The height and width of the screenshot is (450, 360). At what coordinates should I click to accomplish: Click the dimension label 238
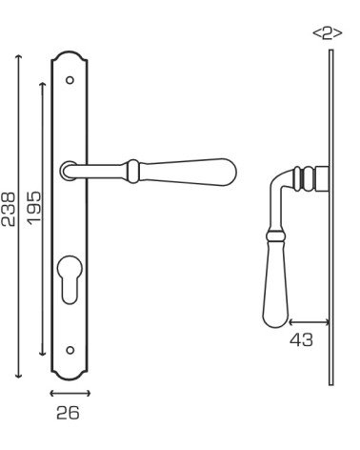point(8,209)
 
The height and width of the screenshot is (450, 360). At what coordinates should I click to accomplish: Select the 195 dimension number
point(34,208)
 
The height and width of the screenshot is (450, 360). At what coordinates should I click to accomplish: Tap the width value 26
point(68,413)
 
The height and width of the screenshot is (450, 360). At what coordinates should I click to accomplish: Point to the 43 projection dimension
point(301,339)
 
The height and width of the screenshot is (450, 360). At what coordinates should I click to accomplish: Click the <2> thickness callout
point(328,33)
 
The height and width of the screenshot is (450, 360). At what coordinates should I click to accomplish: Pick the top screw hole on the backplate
point(70,80)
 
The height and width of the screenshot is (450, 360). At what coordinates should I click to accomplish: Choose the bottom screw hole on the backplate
point(70,350)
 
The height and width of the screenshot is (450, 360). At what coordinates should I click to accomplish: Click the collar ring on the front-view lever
point(133,172)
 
